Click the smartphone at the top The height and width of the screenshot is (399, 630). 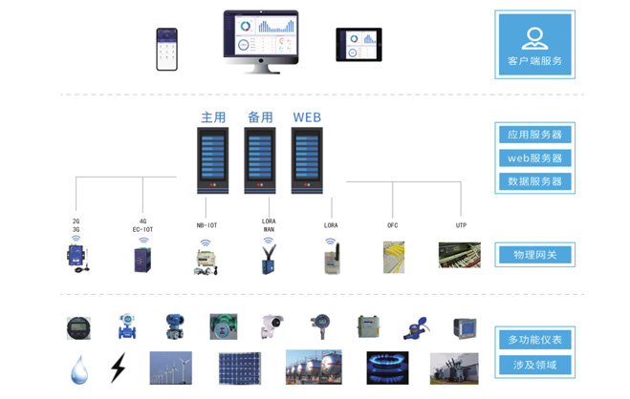click(x=167, y=49)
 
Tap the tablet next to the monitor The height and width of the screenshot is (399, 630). click(x=358, y=44)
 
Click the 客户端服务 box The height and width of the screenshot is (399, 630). click(x=534, y=45)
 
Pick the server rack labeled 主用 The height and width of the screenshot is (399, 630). click(x=212, y=160)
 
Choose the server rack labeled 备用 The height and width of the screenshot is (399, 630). click(x=260, y=160)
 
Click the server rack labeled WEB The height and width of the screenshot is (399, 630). click(x=307, y=160)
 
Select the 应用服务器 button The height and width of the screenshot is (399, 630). click(x=534, y=135)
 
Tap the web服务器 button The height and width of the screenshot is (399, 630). click(x=534, y=157)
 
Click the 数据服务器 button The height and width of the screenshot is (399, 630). click(x=534, y=181)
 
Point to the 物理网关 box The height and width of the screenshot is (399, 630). click(x=534, y=255)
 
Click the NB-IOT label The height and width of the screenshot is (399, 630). click(x=206, y=225)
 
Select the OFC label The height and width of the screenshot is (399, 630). click(x=393, y=225)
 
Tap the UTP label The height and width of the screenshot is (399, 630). click(x=461, y=225)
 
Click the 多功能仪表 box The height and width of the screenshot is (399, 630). click(x=534, y=340)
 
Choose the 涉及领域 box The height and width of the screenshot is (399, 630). click(x=534, y=365)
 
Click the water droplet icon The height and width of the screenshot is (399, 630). click(x=79, y=368)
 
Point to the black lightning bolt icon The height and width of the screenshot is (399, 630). click(x=118, y=368)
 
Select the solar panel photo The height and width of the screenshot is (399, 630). click(x=239, y=368)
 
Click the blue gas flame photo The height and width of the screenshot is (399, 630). click(x=387, y=367)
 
